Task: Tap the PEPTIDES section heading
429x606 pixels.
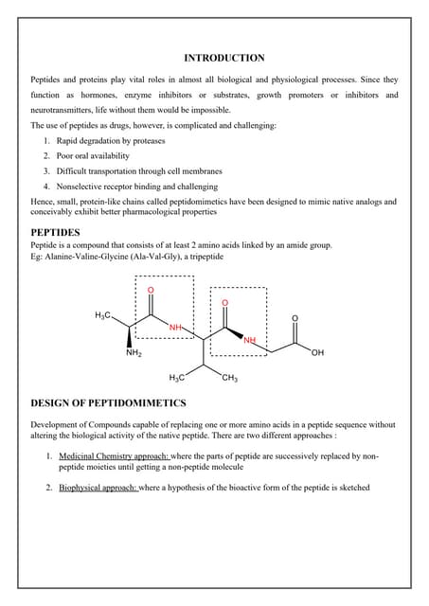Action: [56, 231]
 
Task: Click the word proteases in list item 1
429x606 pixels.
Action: [148, 140]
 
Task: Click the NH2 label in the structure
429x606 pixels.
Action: [134, 354]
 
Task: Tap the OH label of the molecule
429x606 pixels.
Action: [316, 353]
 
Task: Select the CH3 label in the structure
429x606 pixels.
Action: [228, 379]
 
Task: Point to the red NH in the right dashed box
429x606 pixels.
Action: [250, 339]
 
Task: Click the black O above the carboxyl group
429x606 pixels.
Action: [294, 317]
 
